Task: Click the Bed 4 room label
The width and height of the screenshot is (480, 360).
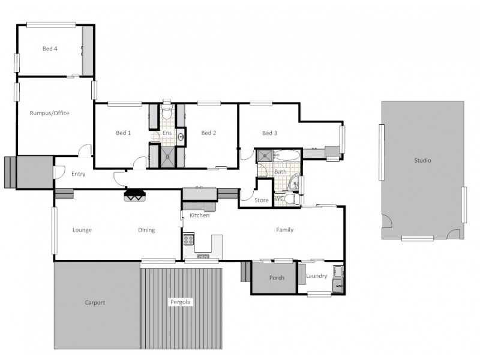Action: coord(50,49)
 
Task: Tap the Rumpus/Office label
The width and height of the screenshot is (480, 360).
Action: coord(50,113)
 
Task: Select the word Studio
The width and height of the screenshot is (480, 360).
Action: coord(422,161)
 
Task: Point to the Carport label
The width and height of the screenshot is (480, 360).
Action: coord(95,303)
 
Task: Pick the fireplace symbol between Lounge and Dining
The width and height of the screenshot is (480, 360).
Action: coord(134,195)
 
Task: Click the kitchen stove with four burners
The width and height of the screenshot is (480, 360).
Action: coord(188,239)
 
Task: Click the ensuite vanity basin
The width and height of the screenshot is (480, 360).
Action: coord(181,137)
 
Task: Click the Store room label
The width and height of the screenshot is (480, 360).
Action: coord(262,200)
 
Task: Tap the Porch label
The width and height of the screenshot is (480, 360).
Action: coord(277,278)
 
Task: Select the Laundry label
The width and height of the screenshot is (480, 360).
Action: coord(316,277)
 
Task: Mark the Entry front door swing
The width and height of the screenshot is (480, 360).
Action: coord(59,172)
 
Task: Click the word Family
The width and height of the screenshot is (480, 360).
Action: coord(284,230)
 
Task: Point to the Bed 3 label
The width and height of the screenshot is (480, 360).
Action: coord(269,133)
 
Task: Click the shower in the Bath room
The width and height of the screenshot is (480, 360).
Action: coord(265,156)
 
